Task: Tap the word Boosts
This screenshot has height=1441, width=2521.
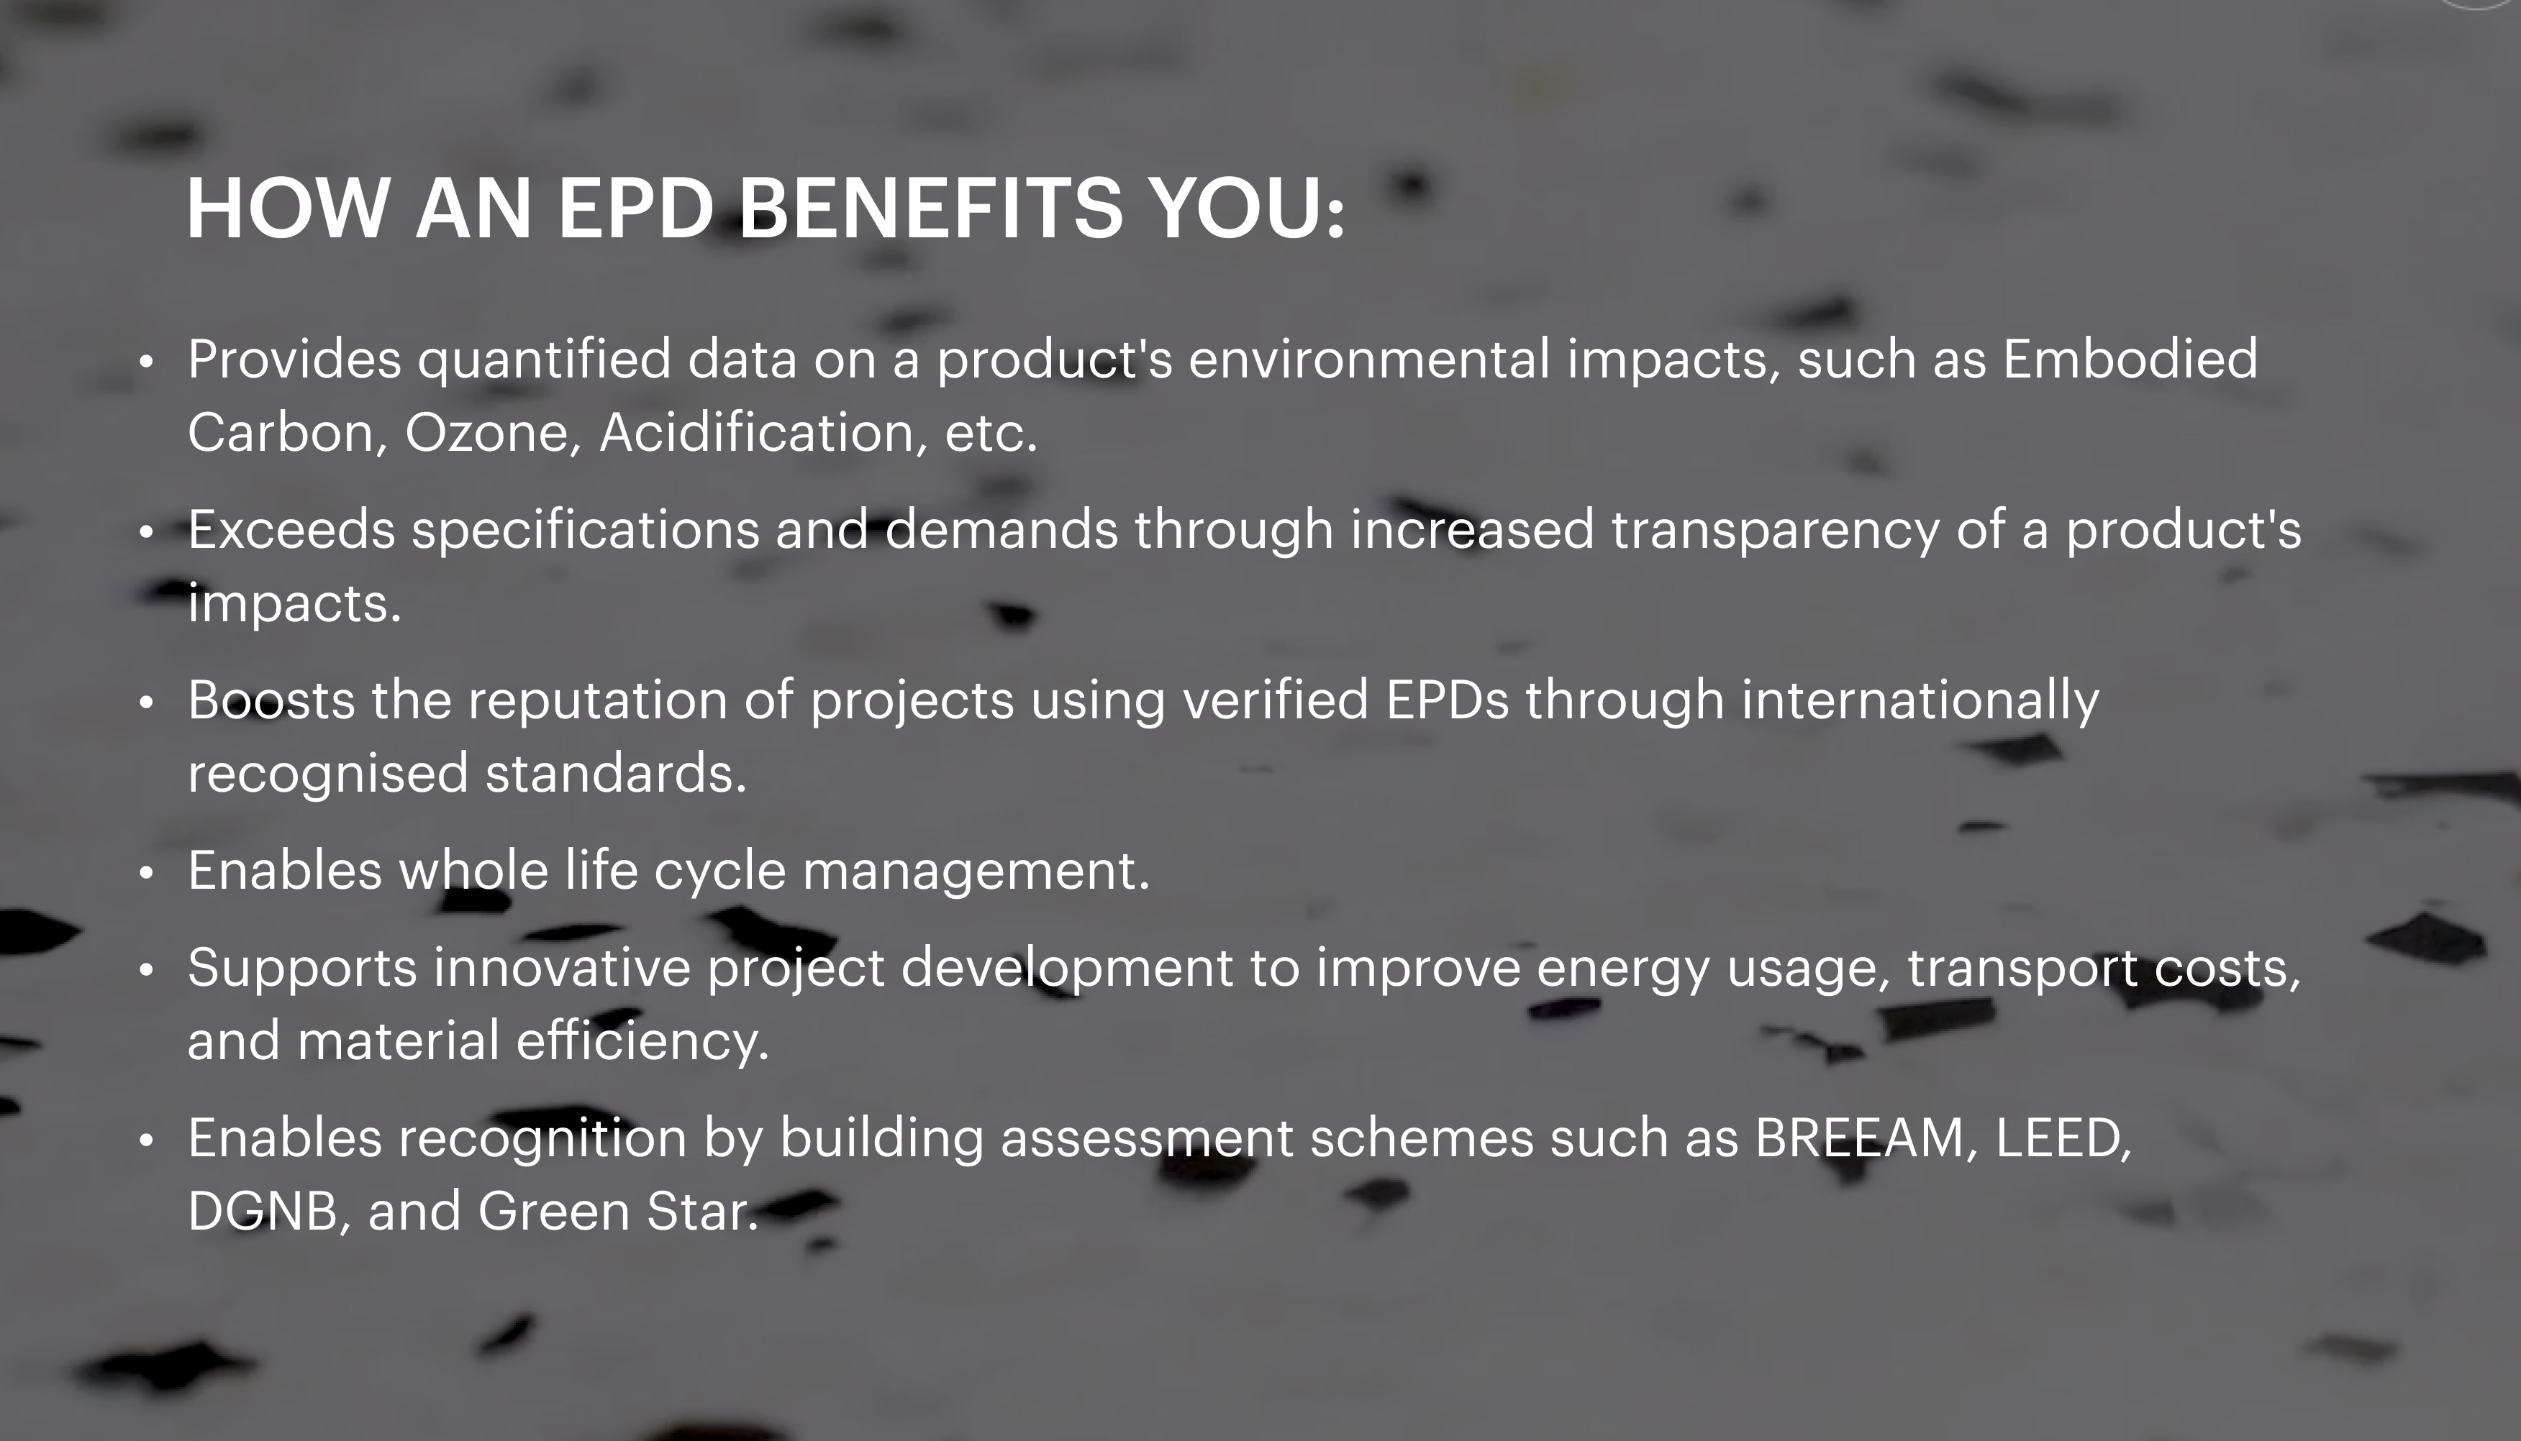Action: coord(271,700)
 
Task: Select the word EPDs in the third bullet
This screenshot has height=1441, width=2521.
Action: coord(1448,700)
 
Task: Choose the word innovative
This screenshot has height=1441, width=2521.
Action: coord(561,968)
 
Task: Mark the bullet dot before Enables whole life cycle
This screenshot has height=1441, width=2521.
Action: coord(147,873)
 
